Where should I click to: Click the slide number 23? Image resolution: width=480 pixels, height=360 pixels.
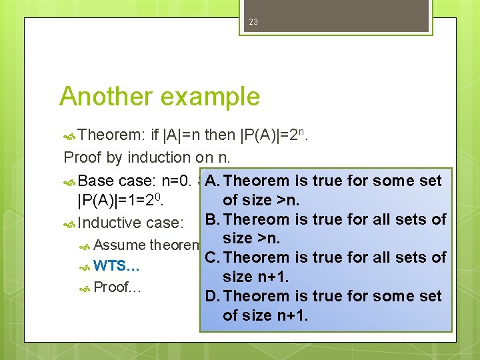click(x=253, y=22)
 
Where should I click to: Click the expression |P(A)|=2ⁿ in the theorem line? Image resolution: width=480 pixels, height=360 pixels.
click(x=274, y=136)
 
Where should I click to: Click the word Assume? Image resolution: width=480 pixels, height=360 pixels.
click(x=120, y=245)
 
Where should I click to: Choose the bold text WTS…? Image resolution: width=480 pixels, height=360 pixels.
click(x=117, y=267)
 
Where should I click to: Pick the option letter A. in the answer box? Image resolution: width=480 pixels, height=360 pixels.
click(x=214, y=181)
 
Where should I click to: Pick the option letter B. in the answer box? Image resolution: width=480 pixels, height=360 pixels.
click(x=213, y=219)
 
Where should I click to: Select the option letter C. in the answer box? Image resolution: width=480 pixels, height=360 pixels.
click(x=214, y=257)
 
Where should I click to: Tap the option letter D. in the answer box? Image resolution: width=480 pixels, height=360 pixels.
click(x=214, y=296)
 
